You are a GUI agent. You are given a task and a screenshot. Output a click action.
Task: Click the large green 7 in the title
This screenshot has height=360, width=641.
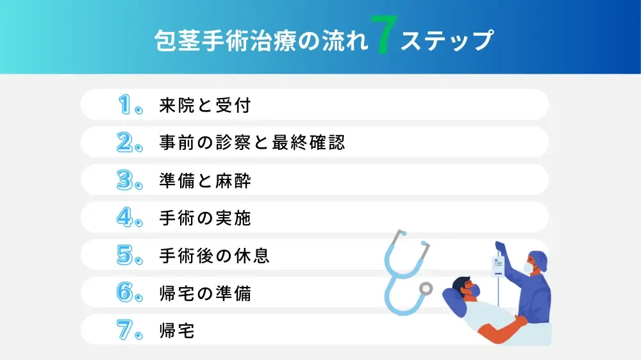(384, 40)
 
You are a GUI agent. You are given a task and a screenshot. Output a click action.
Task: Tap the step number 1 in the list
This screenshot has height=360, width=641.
(126, 104)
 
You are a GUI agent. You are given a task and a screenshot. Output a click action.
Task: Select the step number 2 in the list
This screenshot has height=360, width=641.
(126, 142)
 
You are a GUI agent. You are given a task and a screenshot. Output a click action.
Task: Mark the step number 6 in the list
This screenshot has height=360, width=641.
(126, 293)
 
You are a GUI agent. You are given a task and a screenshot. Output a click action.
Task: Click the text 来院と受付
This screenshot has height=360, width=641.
(204, 105)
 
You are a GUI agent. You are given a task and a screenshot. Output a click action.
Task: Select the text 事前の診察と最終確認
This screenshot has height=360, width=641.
(252, 142)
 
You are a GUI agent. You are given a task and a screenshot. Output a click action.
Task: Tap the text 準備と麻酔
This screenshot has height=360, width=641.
(204, 180)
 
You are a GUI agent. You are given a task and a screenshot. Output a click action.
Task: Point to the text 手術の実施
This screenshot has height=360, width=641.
(204, 218)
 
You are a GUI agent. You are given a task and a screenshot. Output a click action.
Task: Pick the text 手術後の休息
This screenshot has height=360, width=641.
(214, 256)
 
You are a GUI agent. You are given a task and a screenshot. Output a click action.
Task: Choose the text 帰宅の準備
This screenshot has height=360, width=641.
(204, 293)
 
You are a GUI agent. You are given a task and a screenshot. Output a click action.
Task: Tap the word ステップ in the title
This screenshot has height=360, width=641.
(447, 40)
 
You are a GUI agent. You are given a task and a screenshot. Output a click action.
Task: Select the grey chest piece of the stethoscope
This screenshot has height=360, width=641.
(425, 289)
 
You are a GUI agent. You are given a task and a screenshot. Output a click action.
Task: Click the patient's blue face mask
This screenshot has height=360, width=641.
(472, 291)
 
